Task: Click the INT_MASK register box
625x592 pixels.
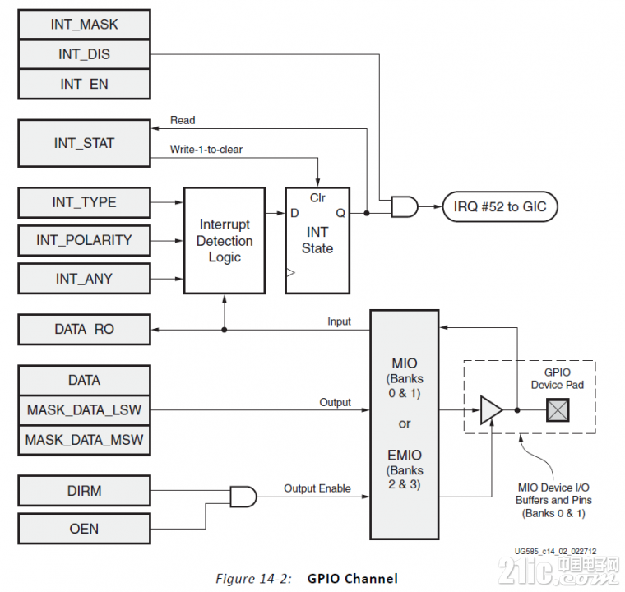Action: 84,25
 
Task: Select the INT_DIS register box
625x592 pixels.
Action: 84,54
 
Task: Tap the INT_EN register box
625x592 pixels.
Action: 84,84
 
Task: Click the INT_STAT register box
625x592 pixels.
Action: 84,143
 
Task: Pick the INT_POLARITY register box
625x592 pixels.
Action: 84,240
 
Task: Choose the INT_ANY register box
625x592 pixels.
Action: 84,279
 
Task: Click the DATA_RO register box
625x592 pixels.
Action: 84,329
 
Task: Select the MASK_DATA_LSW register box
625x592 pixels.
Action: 84,410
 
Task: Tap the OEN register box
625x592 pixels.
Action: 84,529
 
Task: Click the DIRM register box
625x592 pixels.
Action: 84,491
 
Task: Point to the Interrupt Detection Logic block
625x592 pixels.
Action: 225,240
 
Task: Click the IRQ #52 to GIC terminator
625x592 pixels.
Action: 500,207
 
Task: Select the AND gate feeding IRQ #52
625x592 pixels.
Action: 405,206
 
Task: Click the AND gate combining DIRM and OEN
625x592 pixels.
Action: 243,497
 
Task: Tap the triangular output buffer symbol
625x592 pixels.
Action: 492,409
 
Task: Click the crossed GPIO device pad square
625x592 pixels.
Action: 558,410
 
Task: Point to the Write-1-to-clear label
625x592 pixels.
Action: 206,150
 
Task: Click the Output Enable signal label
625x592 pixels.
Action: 317,488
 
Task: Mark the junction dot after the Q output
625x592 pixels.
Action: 367,213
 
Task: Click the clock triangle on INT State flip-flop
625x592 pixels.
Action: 290,273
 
